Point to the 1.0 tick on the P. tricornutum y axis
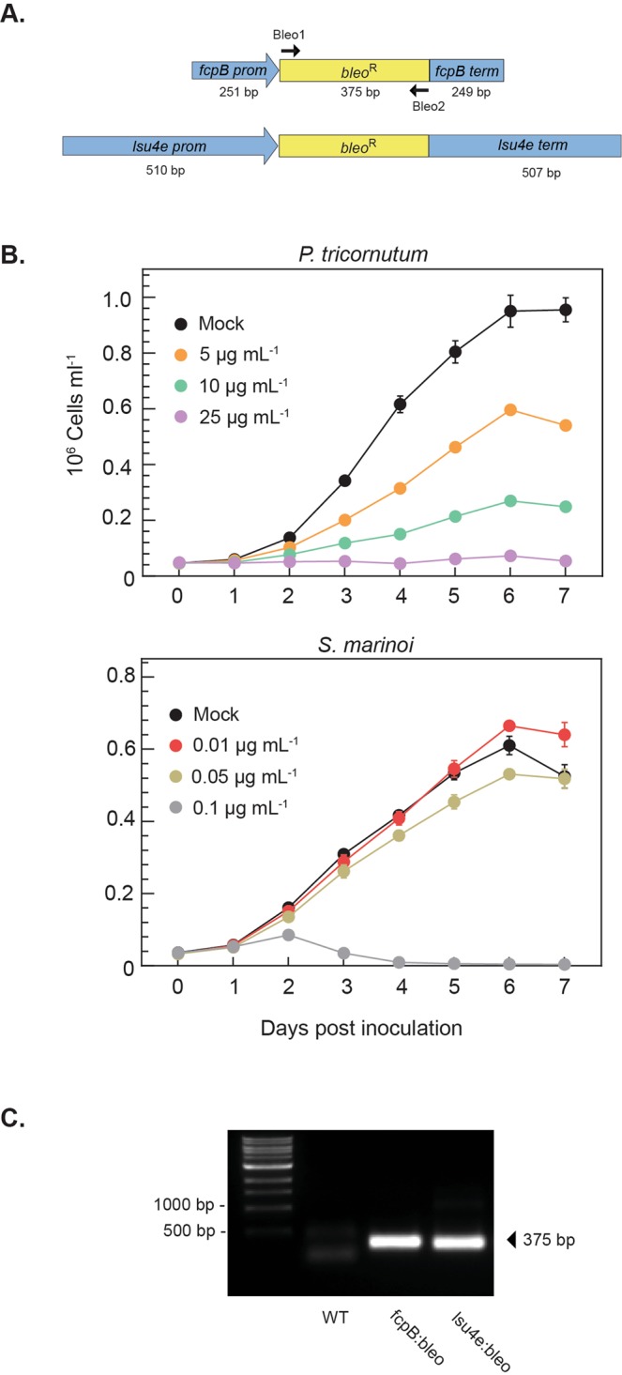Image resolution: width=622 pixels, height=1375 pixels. (115, 298)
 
